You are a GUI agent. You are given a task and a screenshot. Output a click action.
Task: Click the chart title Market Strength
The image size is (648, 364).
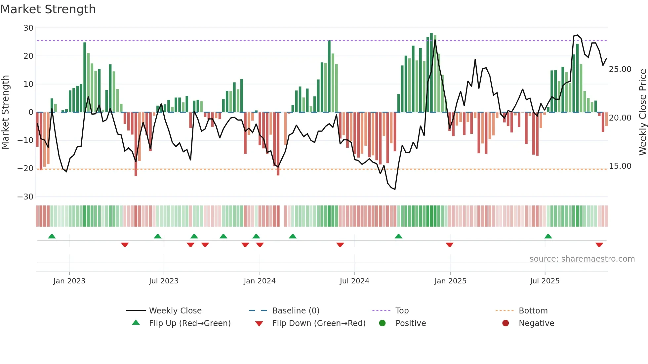click(x=48, y=9)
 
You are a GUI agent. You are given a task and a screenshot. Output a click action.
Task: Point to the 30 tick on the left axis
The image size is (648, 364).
click(x=28, y=28)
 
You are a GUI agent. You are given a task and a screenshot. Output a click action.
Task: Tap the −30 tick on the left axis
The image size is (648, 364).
click(x=25, y=197)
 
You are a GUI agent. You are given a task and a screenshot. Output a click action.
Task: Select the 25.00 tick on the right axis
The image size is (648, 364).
click(x=620, y=69)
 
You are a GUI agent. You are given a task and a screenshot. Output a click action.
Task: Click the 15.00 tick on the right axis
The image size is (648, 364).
click(x=620, y=166)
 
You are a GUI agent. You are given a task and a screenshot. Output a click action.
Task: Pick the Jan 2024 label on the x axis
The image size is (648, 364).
click(x=260, y=281)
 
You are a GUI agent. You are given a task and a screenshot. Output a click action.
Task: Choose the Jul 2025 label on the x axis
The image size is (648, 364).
click(x=545, y=281)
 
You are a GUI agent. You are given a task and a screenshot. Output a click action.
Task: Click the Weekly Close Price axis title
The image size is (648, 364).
click(x=642, y=112)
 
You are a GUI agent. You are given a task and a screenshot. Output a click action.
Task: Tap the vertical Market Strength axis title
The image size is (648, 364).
click(x=5, y=112)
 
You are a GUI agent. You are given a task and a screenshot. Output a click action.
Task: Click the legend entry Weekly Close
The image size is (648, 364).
click(x=175, y=311)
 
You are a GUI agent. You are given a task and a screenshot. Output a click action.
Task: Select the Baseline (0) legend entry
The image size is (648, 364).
click(x=296, y=311)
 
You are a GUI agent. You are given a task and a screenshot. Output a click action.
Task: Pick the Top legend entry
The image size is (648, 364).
click(x=402, y=311)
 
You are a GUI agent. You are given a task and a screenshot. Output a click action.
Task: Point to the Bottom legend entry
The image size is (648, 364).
click(x=533, y=311)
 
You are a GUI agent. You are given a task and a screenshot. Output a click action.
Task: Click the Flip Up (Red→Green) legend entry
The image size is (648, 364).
click(x=189, y=323)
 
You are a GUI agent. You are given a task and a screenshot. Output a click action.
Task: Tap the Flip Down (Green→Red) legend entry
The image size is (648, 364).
click(x=319, y=323)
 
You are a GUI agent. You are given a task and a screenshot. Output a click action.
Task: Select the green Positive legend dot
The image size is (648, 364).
click(x=382, y=323)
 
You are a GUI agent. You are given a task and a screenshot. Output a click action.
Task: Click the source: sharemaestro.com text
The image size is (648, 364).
click(x=582, y=259)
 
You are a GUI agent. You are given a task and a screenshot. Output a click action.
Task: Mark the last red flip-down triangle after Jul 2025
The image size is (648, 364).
click(x=599, y=245)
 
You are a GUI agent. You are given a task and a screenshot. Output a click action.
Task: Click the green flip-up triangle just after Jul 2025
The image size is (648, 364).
click(x=548, y=236)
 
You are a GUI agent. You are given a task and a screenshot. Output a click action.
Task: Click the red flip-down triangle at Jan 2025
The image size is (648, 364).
click(x=449, y=245)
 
